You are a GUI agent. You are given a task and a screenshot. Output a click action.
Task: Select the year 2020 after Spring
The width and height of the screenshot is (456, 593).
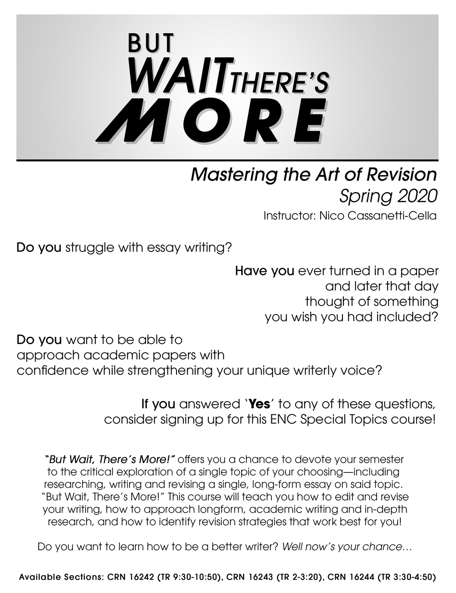tap(417, 196)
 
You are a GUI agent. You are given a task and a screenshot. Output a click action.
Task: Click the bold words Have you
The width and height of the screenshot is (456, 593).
tap(264, 271)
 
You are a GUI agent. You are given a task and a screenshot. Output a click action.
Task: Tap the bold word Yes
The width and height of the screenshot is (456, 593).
tap(259, 404)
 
